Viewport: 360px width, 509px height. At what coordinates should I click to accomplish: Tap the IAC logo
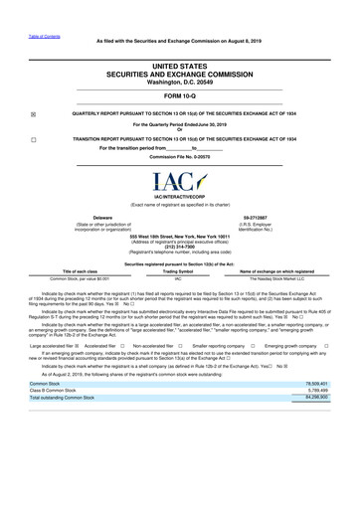[179, 183]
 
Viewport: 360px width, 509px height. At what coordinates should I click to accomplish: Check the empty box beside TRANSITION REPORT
[33, 140]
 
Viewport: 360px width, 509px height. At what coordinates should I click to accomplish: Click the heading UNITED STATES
[179, 65]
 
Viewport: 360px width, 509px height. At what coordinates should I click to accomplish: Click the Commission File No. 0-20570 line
[179, 157]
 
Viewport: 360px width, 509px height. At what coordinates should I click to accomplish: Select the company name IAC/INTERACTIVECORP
[179, 199]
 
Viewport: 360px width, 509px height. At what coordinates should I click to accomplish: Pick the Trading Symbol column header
[178, 271]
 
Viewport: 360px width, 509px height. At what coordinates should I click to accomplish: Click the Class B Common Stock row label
[59, 419]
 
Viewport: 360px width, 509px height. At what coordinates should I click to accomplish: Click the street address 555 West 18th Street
[179, 235]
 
